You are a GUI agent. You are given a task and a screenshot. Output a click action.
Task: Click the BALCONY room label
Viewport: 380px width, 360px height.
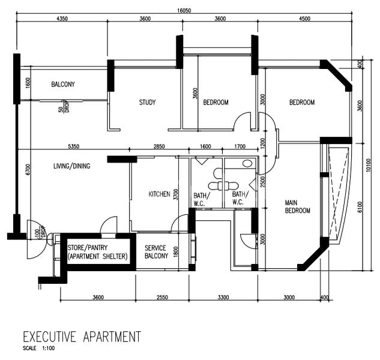click(x=63, y=85)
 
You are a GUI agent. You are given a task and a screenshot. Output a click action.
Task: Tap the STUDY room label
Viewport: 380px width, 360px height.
click(x=147, y=103)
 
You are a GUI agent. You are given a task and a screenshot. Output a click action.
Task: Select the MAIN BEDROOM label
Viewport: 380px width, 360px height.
click(x=297, y=207)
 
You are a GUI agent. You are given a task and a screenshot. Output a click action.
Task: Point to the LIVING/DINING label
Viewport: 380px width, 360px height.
click(x=71, y=166)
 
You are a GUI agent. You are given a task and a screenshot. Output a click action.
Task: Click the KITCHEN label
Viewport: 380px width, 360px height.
click(x=160, y=194)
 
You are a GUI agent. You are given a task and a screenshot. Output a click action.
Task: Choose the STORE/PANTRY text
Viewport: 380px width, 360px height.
click(x=87, y=247)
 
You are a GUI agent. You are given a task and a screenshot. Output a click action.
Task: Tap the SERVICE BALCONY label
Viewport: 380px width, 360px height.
click(x=155, y=252)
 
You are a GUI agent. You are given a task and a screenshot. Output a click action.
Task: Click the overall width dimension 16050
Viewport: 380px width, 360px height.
click(x=184, y=11)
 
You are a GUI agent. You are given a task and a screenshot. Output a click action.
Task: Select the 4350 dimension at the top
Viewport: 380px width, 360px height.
click(x=61, y=19)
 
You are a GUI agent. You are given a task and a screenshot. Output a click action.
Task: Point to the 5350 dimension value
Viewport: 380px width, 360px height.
click(x=74, y=146)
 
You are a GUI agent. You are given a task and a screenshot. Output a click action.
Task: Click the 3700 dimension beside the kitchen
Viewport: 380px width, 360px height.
click(x=175, y=194)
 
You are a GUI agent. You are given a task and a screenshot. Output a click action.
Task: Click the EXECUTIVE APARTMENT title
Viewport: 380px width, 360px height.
click(x=81, y=336)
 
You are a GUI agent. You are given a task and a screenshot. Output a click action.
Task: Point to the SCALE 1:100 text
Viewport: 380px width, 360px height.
click(x=39, y=348)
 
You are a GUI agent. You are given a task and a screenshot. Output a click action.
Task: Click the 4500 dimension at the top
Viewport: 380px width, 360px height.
click(x=304, y=19)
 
